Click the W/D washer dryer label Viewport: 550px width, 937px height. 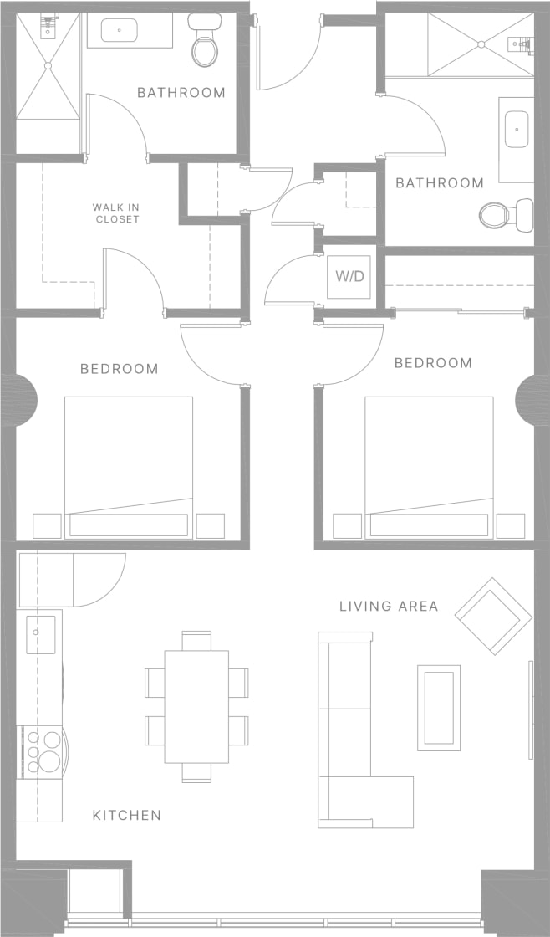pyautogui.click(x=350, y=276)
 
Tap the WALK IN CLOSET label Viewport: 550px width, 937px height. pyautogui.click(x=116, y=213)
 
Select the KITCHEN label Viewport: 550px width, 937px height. pyautogui.click(x=126, y=815)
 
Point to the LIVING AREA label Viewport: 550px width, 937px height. pyautogui.click(x=389, y=606)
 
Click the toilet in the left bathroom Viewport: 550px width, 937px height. pyautogui.click(x=203, y=42)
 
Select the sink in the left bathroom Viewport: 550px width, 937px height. pyautogui.click(x=120, y=31)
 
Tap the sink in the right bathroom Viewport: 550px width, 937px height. pyautogui.click(x=517, y=130)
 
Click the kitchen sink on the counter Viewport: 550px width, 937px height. pyautogui.click(x=40, y=633)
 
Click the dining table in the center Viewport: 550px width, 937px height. pyautogui.click(x=196, y=706)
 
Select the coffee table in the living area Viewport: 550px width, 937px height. pyautogui.click(x=439, y=707)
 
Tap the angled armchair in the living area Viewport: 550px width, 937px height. pyautogui.click(x=493, y=617)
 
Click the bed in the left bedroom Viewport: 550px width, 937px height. pyautogui.click(x=129, y=467)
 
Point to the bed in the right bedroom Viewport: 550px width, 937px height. pyautogui.click(x=429, y=467)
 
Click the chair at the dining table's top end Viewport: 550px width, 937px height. pyautogui.click(x=196, y=640)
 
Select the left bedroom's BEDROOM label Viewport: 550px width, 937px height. pyautogui.click(x=120, y=368)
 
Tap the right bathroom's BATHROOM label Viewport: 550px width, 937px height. pyautogui.click(x=440, y=182)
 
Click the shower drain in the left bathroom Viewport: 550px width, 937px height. pyautogui.click(x=48, y=65)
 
